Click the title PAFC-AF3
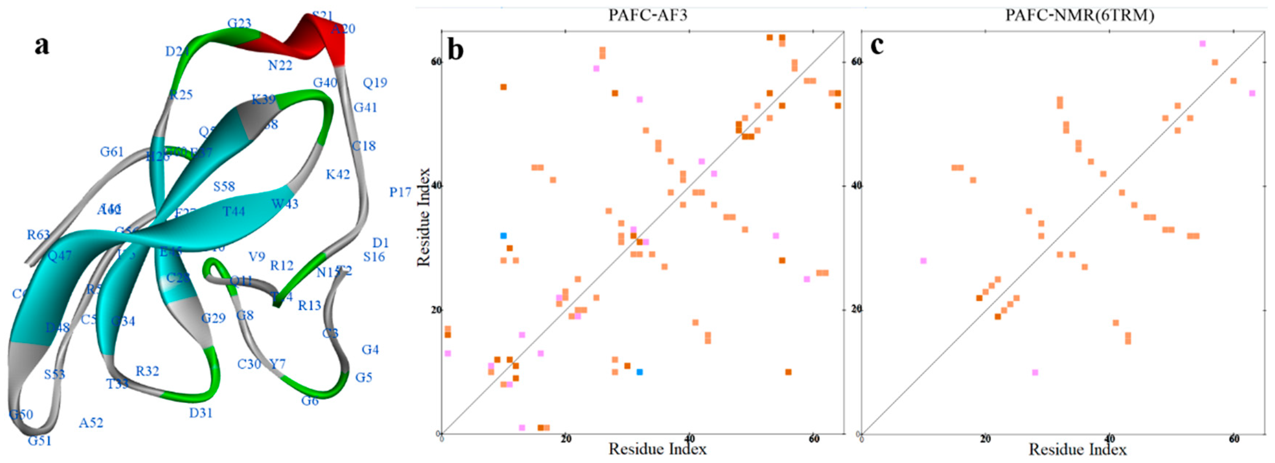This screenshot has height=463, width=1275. tap(647, 15)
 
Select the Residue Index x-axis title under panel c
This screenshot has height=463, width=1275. tap(1078, 449)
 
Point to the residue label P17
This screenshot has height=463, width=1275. tap(400, 192)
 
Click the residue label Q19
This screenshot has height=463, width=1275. tap(375, 82)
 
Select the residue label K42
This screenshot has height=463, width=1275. tap(338, 174)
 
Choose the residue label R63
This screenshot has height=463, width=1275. tap(38, 235)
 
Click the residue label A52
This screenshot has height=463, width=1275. tap(91, 423)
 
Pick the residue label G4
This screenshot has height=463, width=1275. tap(370, 350)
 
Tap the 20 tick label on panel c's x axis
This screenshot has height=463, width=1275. tap(985, 439)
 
